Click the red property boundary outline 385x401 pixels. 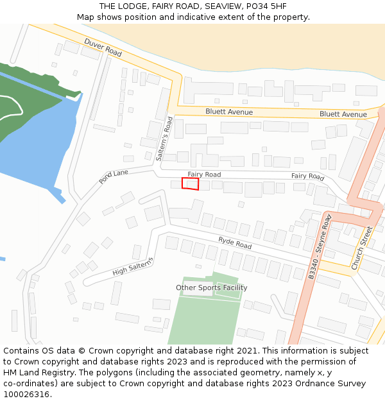coord(191,183)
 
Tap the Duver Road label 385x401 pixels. coord(103,47)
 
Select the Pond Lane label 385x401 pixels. coord(114,177)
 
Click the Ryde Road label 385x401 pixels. coord(235,243)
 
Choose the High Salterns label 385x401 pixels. coord(133,266)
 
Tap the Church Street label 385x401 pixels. coord(361,248)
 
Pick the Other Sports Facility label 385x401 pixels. coord(212,287)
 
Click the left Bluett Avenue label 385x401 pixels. coord(229,112)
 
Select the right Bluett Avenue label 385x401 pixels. coord(343,114)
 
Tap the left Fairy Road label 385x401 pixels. coord(204,175)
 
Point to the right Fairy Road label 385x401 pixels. coord(308,176)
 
